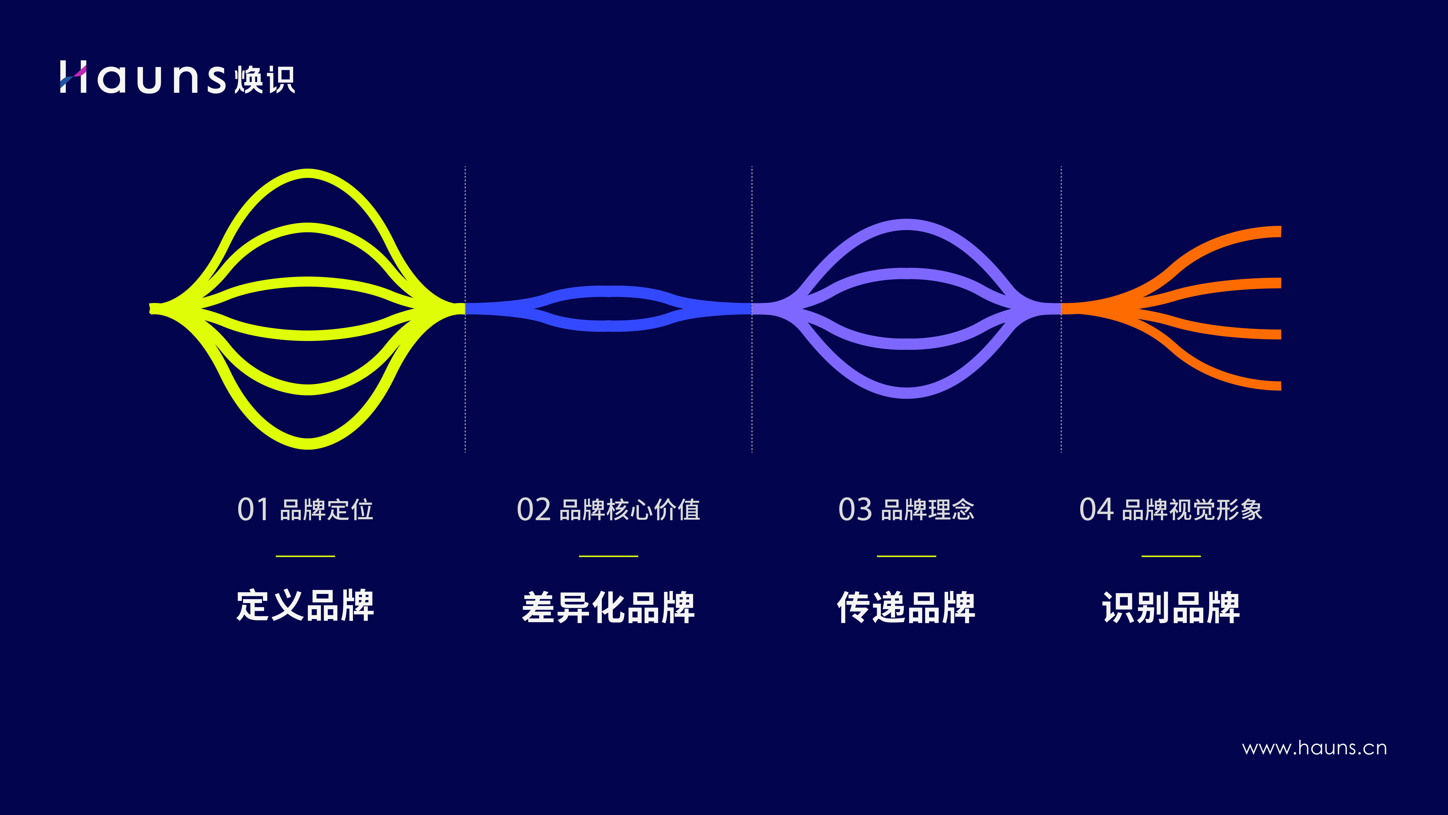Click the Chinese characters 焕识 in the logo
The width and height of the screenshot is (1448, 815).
pos(264,79)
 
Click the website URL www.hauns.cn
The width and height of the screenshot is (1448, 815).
pos(1314,748)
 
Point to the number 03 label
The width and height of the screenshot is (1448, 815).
pos(855,510)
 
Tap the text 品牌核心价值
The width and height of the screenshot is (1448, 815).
pos(630,510)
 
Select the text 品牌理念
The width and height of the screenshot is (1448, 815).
pos(927,510)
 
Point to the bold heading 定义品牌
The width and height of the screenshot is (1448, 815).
pos(305,606)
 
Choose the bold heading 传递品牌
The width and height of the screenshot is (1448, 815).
pos(906,607)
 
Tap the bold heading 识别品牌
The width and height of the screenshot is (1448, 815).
pos(1171,607)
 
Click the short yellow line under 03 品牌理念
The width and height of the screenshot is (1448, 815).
pos(906,556)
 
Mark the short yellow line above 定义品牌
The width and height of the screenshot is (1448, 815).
pos(305,556)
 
